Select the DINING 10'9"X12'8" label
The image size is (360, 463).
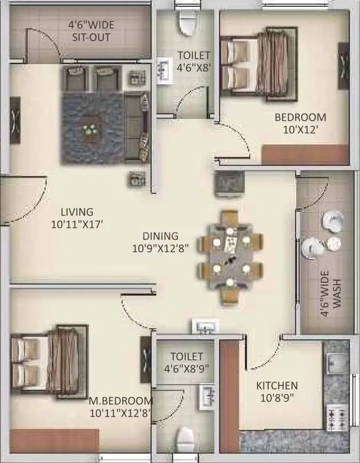[160, 242]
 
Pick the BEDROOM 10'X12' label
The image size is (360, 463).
[300, 124]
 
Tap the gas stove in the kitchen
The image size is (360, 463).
[337, 418]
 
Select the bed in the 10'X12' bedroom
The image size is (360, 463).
[259, 64]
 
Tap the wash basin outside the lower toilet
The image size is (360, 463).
[205, 327]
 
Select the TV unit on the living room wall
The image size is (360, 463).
[15, 120]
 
